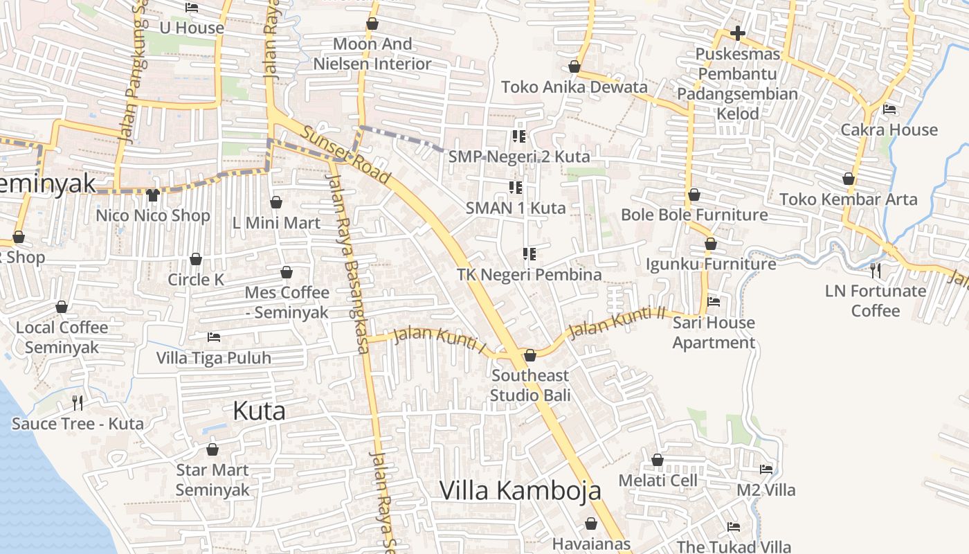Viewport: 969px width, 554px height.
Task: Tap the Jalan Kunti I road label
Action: (x=440, y=339)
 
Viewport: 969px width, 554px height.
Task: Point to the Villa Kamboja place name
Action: (x=520, y=490)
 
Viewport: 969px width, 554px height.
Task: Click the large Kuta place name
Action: (x=259, y=411)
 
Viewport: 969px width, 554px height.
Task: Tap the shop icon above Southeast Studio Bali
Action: (x=530, y=355)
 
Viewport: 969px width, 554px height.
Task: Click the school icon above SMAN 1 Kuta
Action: (x=516, y=188)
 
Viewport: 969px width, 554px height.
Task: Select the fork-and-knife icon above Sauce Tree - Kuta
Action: (x=78, y=402)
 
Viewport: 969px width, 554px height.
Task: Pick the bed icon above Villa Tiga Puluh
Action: (x=214, y=337)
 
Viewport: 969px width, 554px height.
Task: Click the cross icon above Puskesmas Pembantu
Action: (x=738, y=33)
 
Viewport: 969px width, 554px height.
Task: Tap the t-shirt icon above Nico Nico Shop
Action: (x=153, y=195)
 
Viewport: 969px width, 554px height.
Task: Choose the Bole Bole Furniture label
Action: (x=694, y=215)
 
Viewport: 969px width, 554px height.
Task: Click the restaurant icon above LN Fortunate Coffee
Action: (x=876, y=270)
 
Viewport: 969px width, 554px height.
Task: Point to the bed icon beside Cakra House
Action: (x=889, y=109)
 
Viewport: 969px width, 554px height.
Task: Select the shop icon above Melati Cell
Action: (x=658, y=460)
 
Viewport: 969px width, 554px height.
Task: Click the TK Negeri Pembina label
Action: (x=529, y=274)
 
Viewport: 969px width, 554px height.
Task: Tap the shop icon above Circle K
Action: (x=196, y=259)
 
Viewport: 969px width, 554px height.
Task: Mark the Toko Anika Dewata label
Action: (x=574, y=87)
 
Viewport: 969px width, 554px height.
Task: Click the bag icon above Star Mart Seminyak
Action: (x=212, y=449)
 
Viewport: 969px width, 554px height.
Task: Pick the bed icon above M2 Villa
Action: (x=766, y=470)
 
